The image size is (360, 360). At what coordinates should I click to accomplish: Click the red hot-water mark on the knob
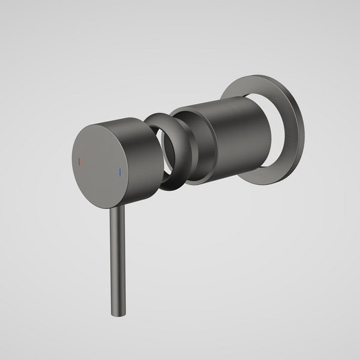(x=79, y=162)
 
